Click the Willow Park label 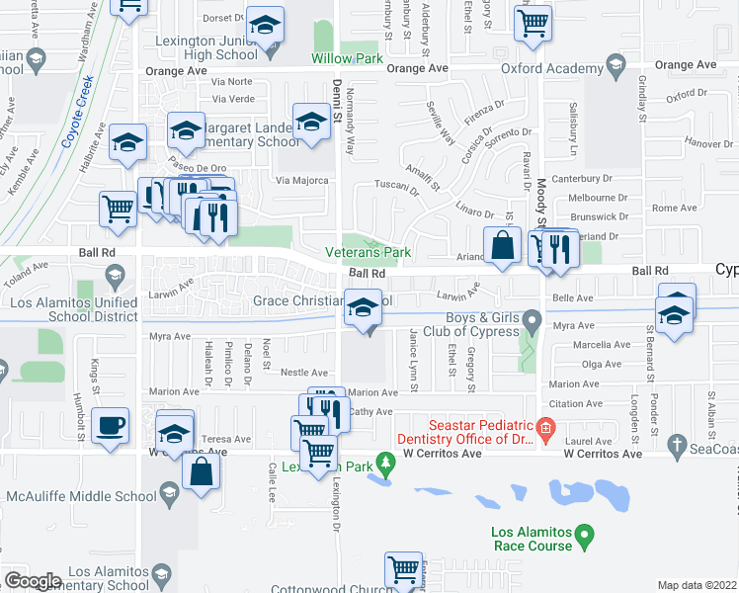[347, 59]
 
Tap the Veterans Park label [369, 252]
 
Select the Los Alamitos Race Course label [532, 539]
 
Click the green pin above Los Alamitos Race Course [585, 537]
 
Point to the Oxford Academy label [551, 68]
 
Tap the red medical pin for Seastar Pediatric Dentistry [544, 426]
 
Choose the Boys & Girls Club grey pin [533, 319]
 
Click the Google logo [33, 580]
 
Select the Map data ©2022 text [698, 585]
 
